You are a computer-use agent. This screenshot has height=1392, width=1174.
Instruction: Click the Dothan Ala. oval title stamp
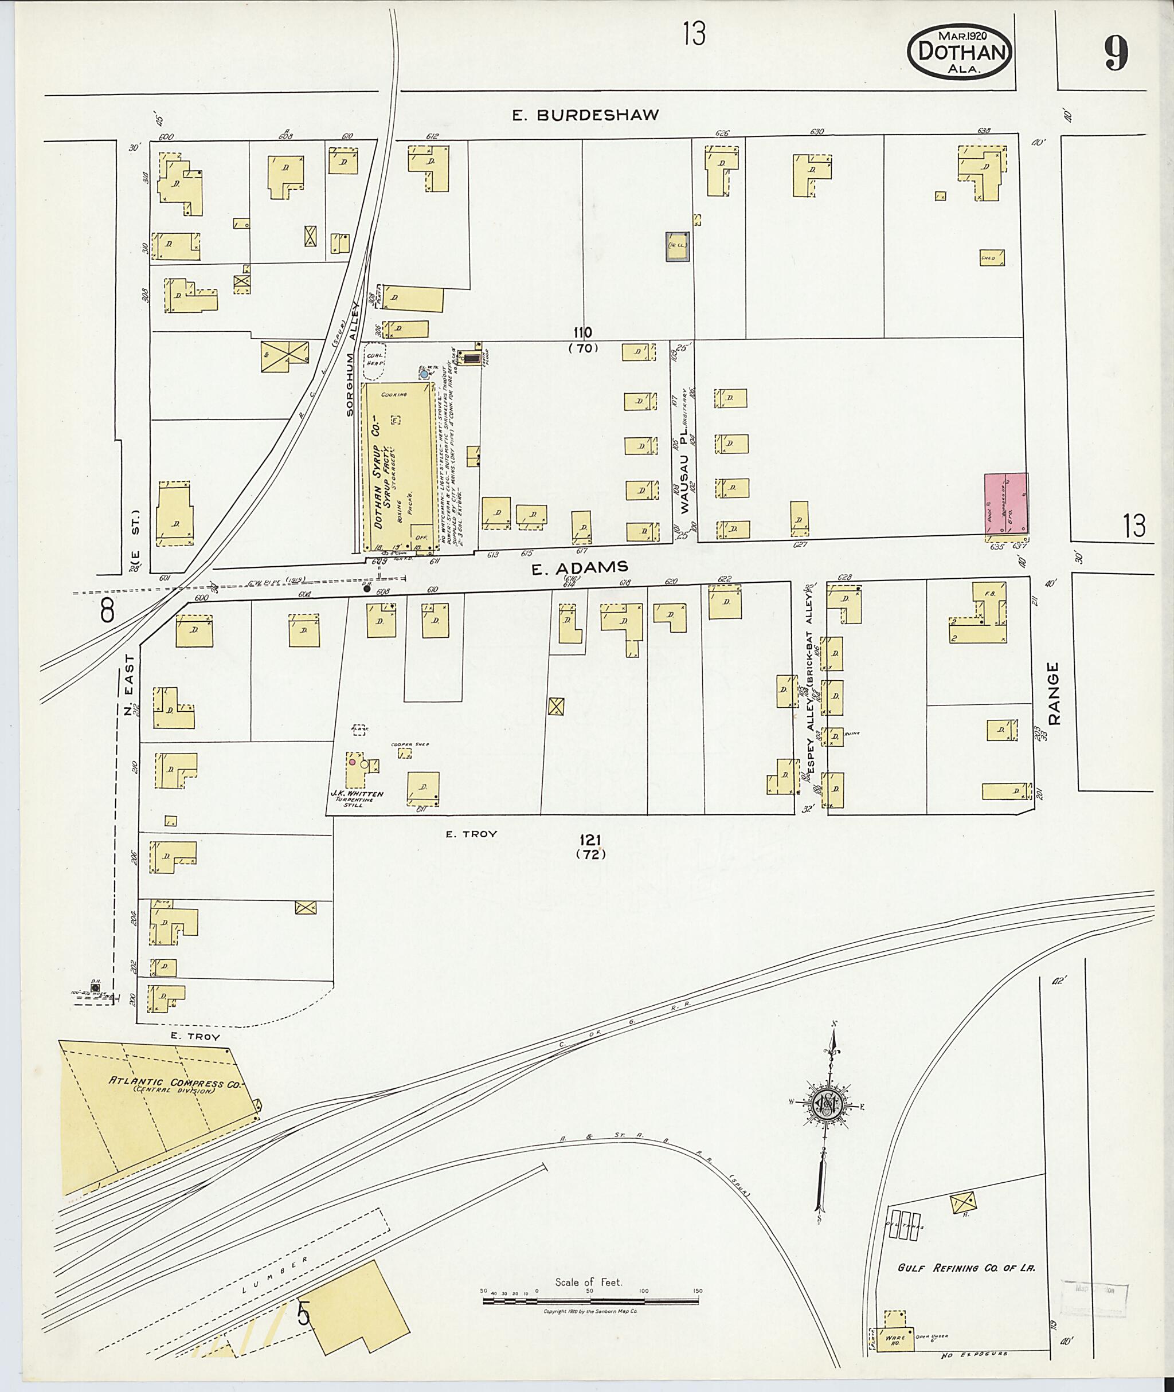[x=959, y=52]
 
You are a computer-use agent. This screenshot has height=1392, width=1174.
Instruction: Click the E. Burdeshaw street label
[x=585, y=115]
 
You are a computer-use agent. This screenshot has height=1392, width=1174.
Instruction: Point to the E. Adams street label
[x=580, y=567]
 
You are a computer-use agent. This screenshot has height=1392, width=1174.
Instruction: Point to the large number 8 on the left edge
[x=107, y=610]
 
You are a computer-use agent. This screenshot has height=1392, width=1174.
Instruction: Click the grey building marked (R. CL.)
[x=678, y=247]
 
